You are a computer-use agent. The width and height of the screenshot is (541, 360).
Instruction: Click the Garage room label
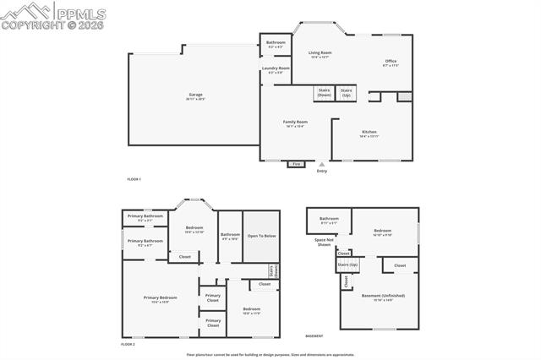195,95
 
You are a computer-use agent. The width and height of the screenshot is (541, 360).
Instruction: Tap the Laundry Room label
276,69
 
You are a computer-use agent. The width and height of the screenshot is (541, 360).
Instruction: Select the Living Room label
320,54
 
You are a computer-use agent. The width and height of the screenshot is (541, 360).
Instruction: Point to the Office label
390,63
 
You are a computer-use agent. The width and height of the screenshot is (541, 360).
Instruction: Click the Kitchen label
369,134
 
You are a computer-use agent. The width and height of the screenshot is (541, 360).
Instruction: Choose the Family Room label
295,123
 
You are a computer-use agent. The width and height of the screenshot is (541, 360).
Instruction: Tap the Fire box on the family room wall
296,163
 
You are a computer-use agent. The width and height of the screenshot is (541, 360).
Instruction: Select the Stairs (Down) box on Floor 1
324,93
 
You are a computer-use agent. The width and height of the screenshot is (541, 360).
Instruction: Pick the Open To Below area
261,236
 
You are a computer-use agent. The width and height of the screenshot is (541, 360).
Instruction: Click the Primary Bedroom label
160,298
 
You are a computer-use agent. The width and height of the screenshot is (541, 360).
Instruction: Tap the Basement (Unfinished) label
384,297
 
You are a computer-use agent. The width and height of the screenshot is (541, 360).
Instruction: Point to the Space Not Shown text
323,242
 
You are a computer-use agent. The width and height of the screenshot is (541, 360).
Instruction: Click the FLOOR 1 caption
134,179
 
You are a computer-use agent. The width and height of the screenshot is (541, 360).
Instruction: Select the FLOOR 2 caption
128,345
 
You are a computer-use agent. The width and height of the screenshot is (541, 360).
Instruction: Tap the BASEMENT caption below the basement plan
314,335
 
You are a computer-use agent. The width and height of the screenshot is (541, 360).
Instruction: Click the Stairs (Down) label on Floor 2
274,271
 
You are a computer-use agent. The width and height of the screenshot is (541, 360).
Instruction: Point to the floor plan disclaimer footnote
270,355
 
